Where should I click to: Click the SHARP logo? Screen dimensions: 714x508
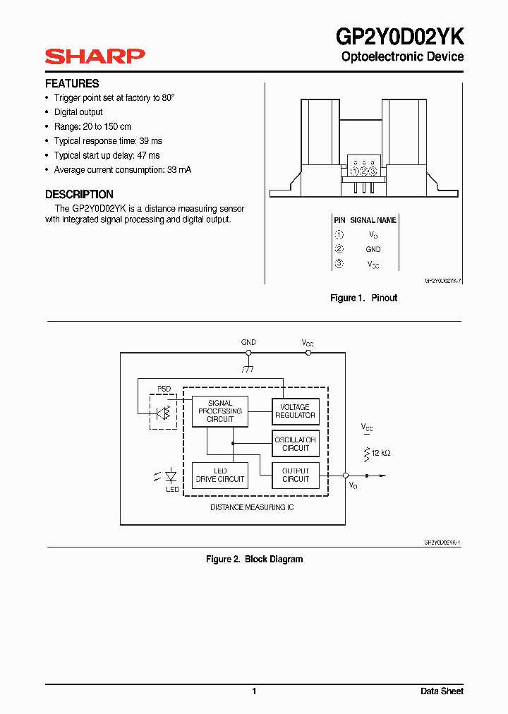click(x=95, y=56)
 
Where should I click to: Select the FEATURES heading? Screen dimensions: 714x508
click(x=72, y=83)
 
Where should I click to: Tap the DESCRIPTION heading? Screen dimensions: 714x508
click(x=79, y=194)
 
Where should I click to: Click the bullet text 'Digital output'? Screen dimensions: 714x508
click(x=78, y=112)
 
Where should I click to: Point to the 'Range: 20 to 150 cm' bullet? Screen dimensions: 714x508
click(x=92, y=126)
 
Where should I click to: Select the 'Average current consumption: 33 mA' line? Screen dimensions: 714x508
click(x=122, y=170)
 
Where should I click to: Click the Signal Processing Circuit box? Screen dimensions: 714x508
click(x=220, y=411)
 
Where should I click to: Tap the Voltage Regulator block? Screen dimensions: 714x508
click(x=295, y=411)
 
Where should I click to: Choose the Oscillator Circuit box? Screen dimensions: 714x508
click(x=296, y=444)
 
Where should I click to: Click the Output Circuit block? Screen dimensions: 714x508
click(x=296, y=475)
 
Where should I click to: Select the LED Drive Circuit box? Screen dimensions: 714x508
click(x=220, y=475)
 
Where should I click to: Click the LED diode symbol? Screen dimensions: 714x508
click(x=170, y=476)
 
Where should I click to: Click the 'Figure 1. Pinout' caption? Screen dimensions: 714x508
click(x=363, y=298)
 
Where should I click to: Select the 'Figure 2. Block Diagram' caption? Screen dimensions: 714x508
click(x=254, y=559)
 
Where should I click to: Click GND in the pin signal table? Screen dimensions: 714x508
click(x=373, y=249)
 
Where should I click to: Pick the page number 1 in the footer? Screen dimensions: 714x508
click(x=254, y=691)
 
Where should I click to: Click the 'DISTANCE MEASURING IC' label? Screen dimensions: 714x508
click(x=252, y=507)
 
